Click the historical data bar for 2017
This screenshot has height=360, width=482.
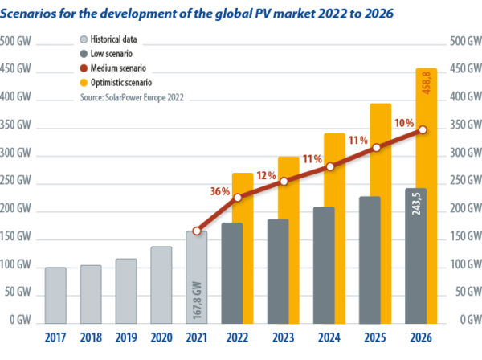pos(55,293)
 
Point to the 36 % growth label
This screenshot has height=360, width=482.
pos(220,191)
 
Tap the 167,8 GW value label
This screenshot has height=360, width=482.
pos(198,299)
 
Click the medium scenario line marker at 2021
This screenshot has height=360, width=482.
pos(198,231)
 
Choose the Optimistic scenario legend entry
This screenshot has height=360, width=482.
pos(125,82)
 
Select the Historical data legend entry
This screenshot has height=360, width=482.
pos(116,39)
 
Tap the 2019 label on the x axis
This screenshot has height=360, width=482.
pos(126,338)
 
